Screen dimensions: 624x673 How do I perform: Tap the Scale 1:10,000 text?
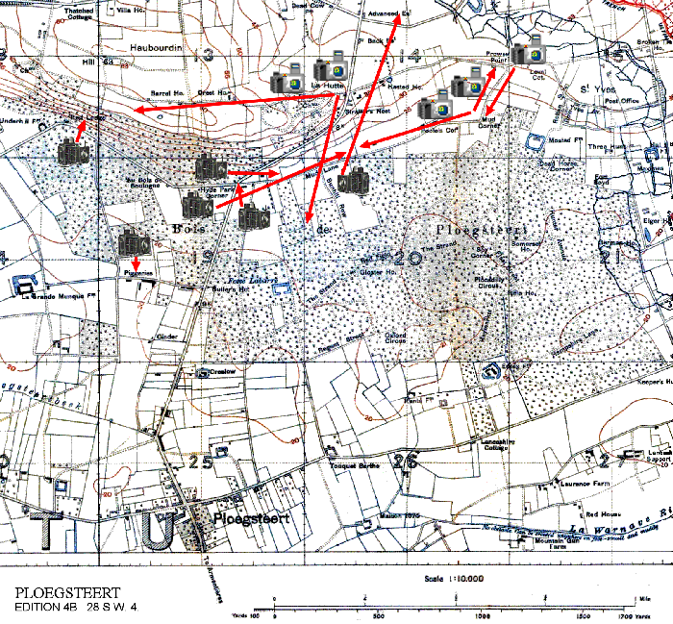pos(452,579)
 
